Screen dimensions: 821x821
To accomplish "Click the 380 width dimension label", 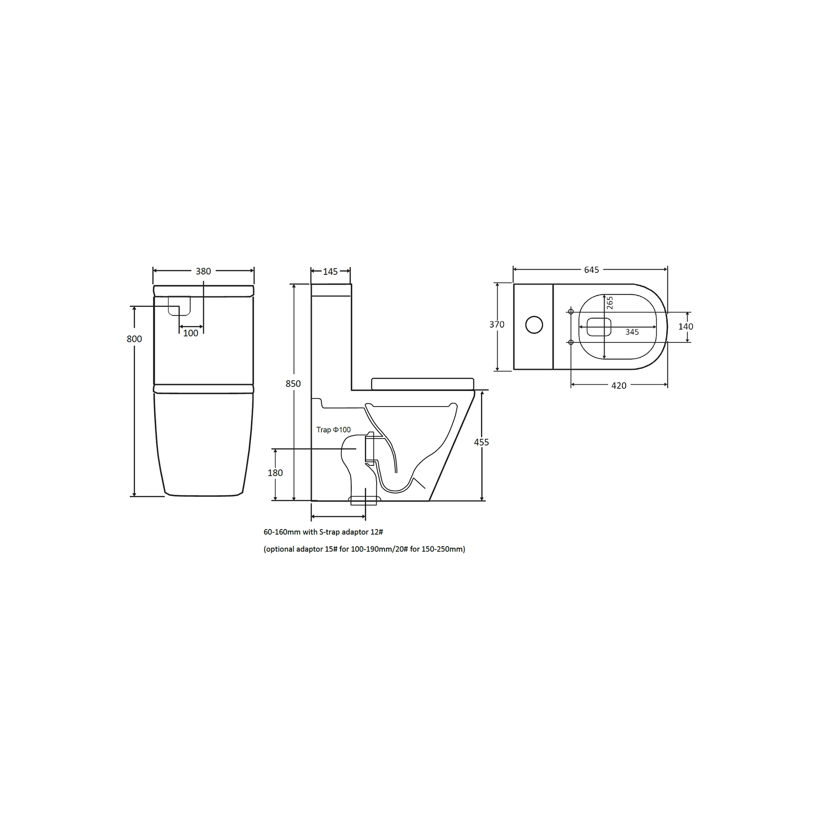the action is [x=203, y=271].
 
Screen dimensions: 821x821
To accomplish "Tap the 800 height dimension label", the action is [x=134, y=339].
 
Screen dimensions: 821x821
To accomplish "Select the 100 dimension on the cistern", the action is [x=191, y=333].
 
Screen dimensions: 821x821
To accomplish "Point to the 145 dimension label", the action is [x=330, y=272].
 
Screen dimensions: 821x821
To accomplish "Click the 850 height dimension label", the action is [x=293, y=384].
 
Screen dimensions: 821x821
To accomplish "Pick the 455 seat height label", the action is [x=481, y=442].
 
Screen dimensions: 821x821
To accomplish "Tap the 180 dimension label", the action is [x=275, y=473].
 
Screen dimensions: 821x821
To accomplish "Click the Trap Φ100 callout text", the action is [x=334, y=430].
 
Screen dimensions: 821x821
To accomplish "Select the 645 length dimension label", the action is [x=591, y=270].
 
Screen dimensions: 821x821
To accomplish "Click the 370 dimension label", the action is [x=497, y=324].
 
